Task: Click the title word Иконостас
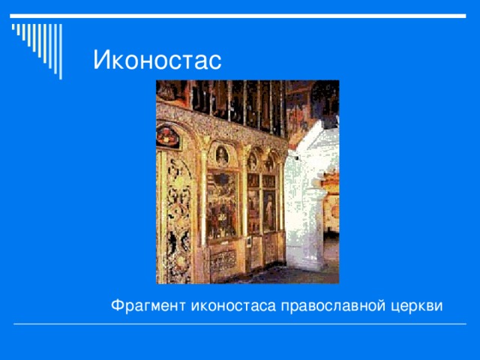[157, 59]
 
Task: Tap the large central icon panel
[222, 204]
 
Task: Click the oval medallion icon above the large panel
[222, 156]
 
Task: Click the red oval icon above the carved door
[168, 136]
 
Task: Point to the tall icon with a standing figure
[268, 210]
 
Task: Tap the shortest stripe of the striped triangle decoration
[13, 28]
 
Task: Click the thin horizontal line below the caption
[240, 325]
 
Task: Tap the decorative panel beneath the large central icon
[223, 259]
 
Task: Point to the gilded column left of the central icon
[202, 202]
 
